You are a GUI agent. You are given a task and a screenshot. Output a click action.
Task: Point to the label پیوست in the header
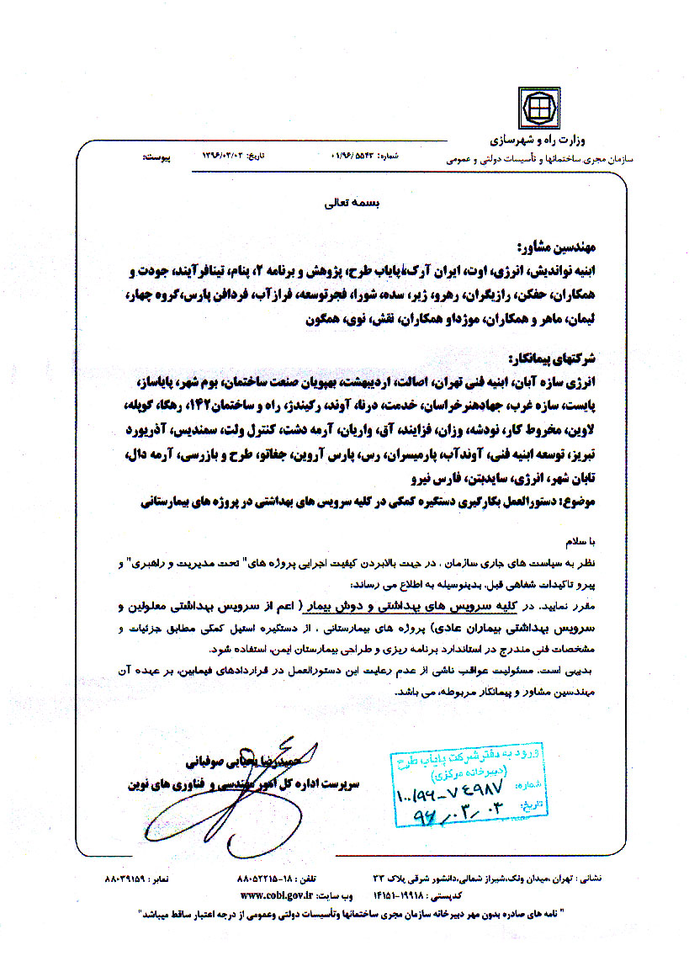point(157,157)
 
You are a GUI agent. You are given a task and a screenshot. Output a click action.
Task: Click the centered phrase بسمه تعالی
point(346,204)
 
